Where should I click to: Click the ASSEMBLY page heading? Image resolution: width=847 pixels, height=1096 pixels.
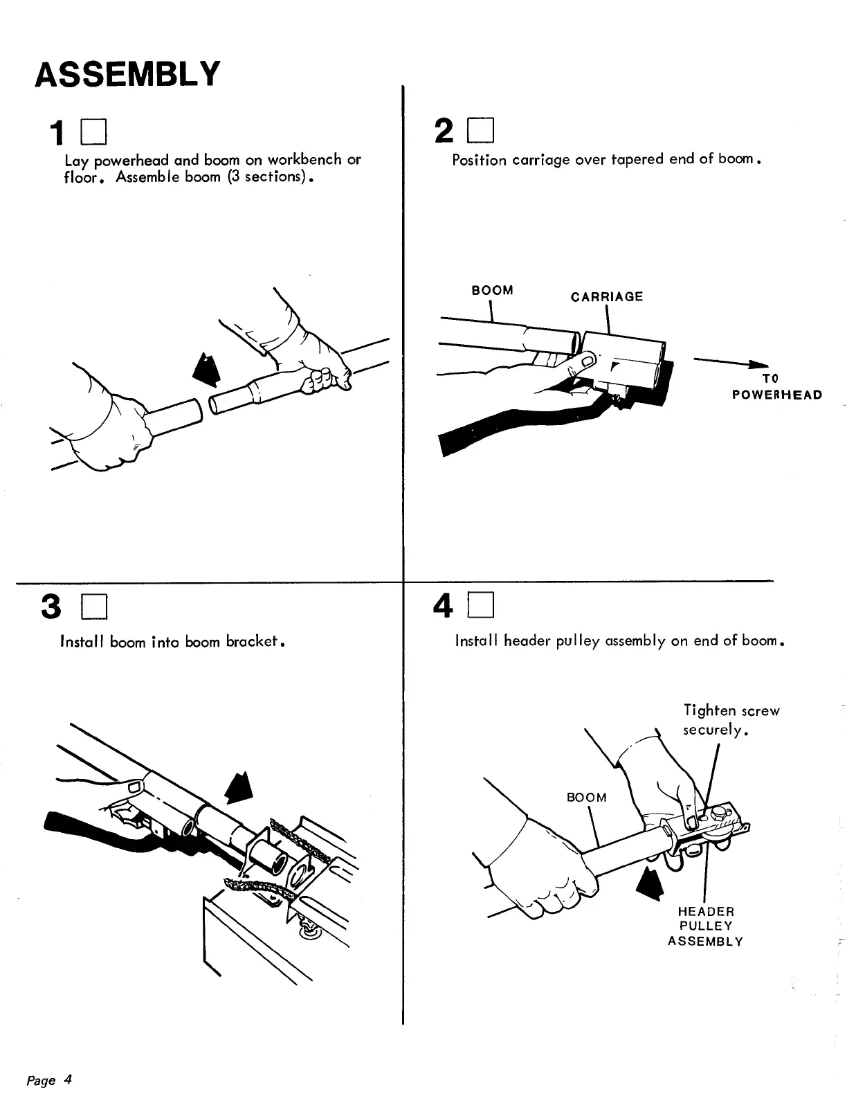pos(128,73)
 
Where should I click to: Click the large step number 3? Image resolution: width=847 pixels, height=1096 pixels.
pos(52,607)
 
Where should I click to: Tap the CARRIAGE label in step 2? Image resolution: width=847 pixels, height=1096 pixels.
pos(606,297)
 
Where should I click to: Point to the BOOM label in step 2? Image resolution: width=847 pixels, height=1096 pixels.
pos(492,290)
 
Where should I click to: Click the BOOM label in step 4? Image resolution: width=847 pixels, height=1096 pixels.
pos(586,798)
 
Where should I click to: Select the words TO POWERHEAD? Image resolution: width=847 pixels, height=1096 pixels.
pos(777,387)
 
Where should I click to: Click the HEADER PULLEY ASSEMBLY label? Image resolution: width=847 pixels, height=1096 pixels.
pos(705,926)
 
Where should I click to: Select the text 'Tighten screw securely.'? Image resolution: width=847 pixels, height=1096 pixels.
pos(731,720)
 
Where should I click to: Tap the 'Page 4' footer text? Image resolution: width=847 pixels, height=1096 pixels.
pos(49,1080)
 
